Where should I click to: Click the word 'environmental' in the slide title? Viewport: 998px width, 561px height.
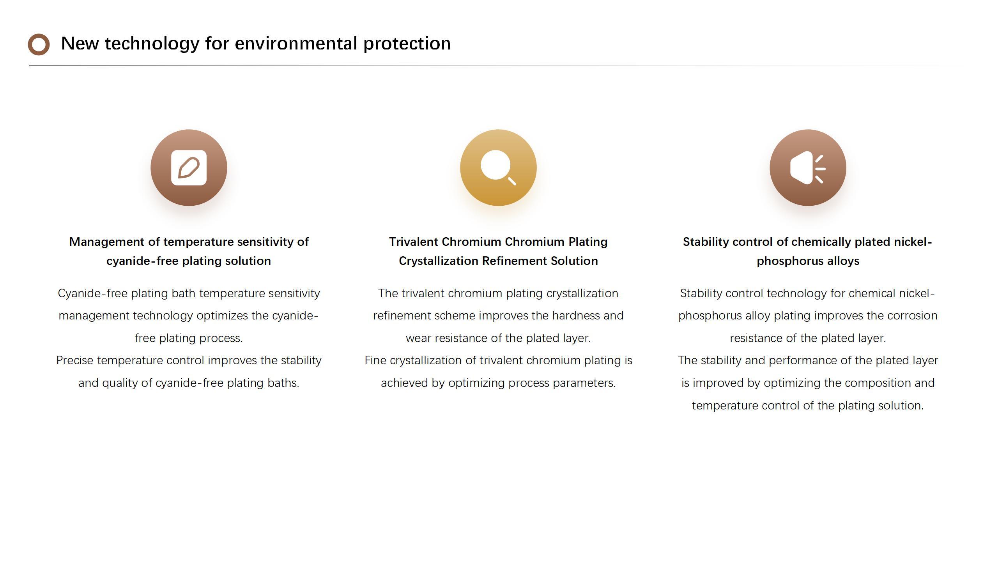(296, 43)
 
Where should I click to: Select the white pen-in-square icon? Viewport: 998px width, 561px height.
(189, 168)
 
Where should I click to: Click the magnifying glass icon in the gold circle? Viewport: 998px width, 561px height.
(498, 168)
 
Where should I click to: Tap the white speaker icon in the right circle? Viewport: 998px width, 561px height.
(808, 168)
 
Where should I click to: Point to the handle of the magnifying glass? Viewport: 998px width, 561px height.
(512, 181)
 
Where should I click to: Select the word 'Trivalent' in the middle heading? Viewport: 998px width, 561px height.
(414, 242)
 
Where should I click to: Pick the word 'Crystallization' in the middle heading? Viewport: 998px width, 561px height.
(439, 261)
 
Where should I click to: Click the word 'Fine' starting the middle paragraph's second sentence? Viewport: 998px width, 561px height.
(375, 360)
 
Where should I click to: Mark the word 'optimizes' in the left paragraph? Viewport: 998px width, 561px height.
(222, 316)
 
